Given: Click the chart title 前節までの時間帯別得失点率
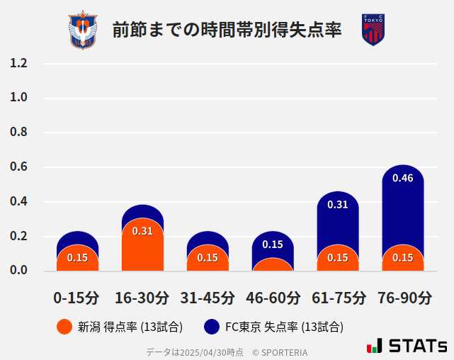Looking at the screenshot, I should coord(227,30).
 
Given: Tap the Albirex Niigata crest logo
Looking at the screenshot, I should coord(83,30).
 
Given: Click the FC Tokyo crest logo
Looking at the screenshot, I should coord(373,30).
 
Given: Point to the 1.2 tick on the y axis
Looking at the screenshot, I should coord(18,63).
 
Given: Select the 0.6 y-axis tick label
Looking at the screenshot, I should coord(18,167).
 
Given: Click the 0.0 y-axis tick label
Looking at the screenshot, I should coord(18,271).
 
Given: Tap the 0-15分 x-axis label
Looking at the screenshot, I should coord(77,298).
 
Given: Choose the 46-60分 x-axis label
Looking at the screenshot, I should coord(273,298).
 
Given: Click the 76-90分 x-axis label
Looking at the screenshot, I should coord(403,298).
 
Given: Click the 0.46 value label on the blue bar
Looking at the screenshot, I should coord(403,178).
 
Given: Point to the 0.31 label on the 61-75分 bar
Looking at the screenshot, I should coord(338,205).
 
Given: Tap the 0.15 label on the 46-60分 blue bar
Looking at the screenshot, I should coord(273,244).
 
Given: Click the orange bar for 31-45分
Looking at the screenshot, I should coord(208,258).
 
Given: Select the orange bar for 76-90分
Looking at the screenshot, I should coord(403,258).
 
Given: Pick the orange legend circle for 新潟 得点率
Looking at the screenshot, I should coord(64,327).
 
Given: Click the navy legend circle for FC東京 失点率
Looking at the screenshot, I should coord(211,327).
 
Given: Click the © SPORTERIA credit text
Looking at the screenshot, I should coord(280,352).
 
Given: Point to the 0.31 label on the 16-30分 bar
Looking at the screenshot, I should coord(142,231).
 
